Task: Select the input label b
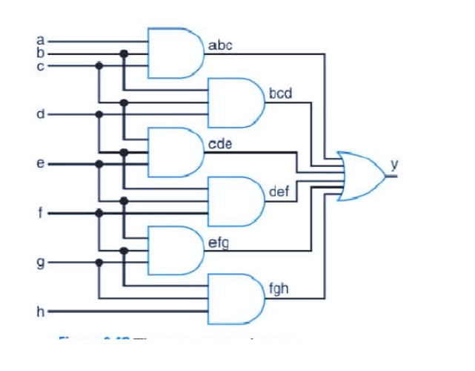(x=41, y=53)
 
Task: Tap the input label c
(x=41, y=66)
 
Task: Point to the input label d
(x=41, y=115)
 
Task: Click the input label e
(x=41, y=164)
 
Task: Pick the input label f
(x=42, y=213)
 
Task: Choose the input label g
(x=41, y=263)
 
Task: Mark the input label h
(x=41, y=312)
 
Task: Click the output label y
(x=394, y=164)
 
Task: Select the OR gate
(x=360, y=177)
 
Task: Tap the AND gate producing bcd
(x=236, y=102)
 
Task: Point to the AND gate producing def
(x=236, y=201)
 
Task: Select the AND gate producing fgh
(x=236, y=299)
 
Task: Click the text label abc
(x=221, y=46)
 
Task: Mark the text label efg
(x=219, y=243)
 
